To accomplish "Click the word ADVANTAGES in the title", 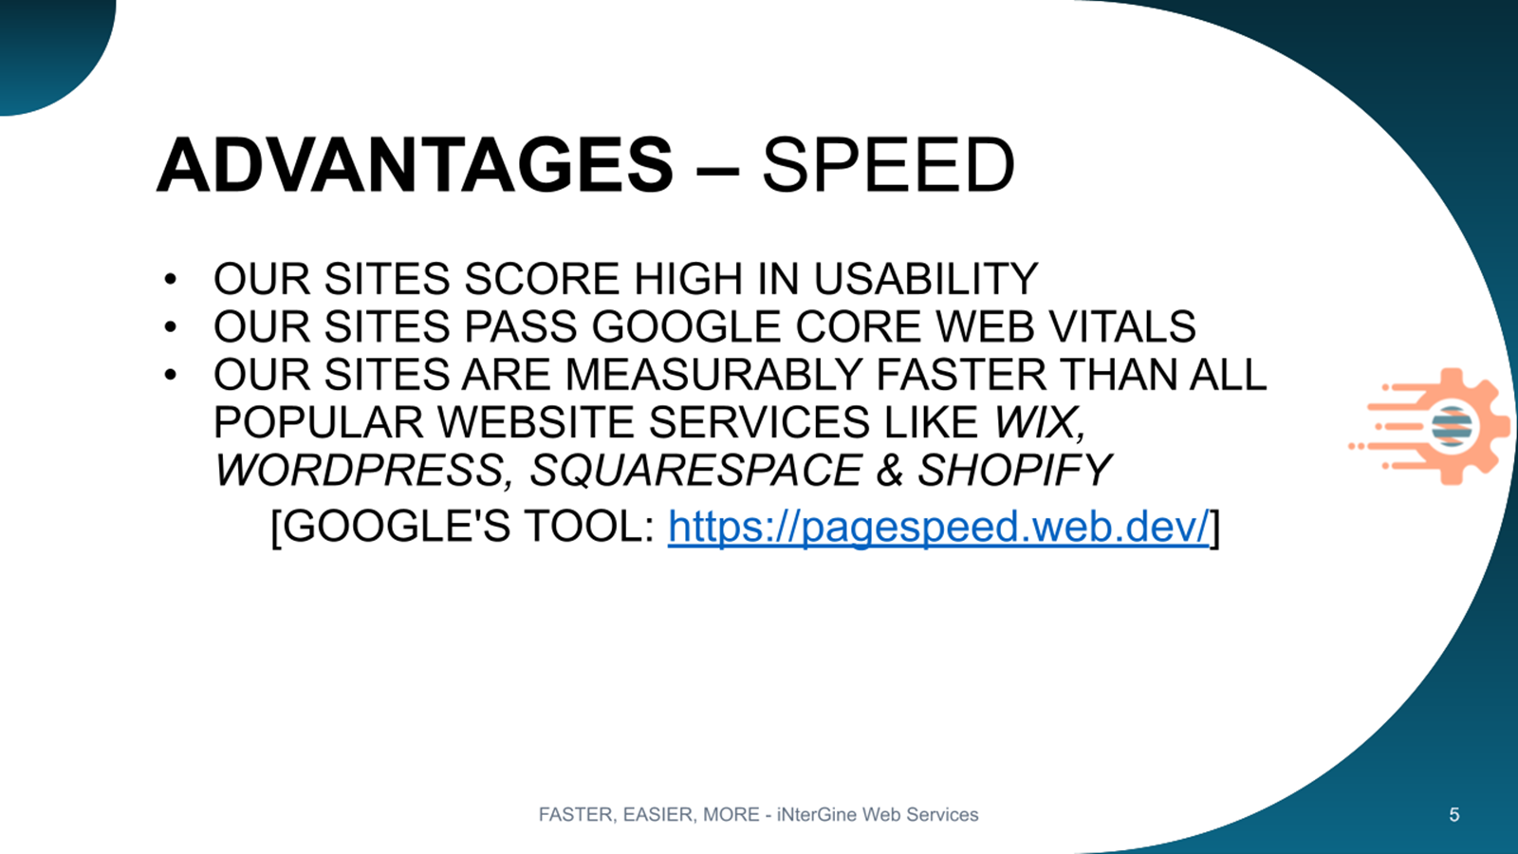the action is [x=415, y=165].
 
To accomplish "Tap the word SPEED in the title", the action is [x=888, y=165].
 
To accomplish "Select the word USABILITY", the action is [x=926, y=279].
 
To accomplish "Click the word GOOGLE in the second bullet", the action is [x=687, y=326].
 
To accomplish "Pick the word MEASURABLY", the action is [x=713, y=374].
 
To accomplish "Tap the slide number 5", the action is [x=1454, y=815].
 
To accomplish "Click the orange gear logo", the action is [x=1430, y=426].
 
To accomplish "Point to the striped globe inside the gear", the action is [x=1452, y=426].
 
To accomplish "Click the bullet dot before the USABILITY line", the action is [x=170, y=279].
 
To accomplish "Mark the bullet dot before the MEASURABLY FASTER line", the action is [x=170, y=375].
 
